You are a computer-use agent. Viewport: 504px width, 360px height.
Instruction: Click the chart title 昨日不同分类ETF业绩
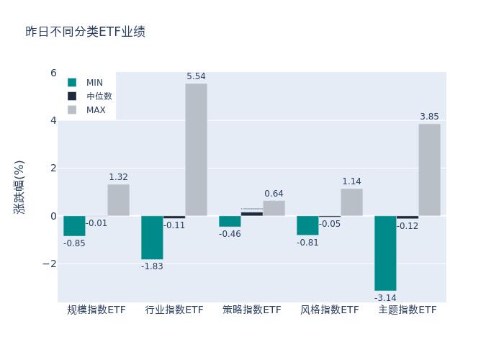pos(85,32)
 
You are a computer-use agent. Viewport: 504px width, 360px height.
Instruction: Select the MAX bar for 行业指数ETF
pos(196,150)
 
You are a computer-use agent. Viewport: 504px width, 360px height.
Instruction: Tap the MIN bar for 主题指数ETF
pos(385,253)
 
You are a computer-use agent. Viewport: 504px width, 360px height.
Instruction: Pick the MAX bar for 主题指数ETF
pos(429,170)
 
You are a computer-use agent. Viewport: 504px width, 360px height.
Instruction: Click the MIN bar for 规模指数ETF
pos(74,226)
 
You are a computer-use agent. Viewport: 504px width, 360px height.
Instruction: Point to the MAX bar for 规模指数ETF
pos(118,200)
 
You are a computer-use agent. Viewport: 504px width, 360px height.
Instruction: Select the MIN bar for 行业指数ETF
pos(152,238)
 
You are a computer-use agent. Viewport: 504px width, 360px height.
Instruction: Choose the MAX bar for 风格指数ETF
pos(351,202)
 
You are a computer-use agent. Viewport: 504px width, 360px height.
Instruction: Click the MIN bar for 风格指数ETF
pos(307,225)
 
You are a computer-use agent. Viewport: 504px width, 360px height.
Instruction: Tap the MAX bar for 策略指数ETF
pos(274,208)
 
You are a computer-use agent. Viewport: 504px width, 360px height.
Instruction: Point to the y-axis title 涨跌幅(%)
pos(19,186)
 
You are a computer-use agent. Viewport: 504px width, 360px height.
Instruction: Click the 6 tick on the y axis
pos(53,73)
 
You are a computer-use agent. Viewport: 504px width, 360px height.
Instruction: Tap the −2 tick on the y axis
pos(50,264)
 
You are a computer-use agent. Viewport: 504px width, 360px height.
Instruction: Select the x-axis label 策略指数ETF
pos(252,310)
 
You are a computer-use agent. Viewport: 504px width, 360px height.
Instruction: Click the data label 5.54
pos(196,76)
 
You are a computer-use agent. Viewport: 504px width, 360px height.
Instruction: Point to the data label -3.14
pos(385,298)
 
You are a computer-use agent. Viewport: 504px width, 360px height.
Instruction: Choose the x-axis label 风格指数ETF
pos(330,310)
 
